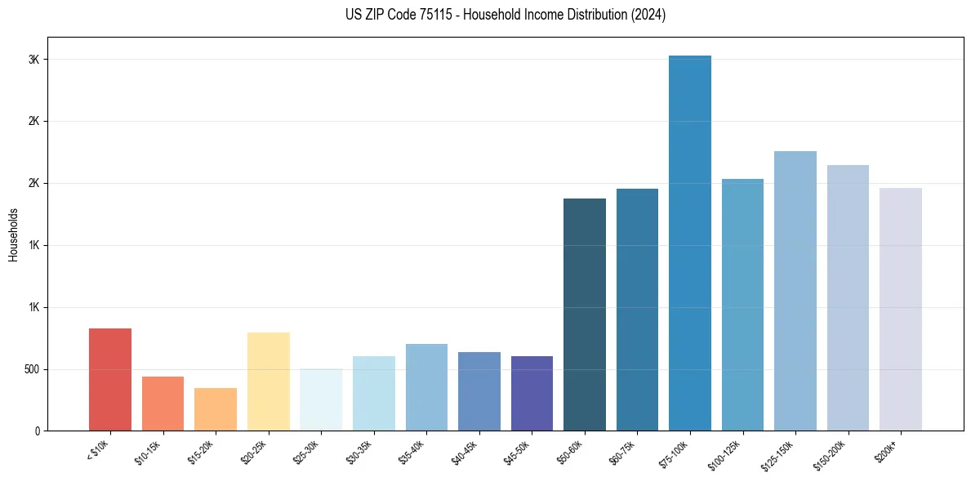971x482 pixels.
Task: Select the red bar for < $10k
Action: pos(110,379)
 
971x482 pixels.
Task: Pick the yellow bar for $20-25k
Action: pos(268,381)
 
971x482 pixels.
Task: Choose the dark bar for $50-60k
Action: pos(585,315)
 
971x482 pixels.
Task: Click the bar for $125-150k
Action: pos(795,291)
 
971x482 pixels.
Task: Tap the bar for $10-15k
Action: pos(163,403)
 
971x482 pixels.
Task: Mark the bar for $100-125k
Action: pos(742,305)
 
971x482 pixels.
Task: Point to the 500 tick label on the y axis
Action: pos(31,369)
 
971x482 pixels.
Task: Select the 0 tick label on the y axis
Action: pos(37,431)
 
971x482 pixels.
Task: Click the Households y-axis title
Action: pos(13,234)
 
